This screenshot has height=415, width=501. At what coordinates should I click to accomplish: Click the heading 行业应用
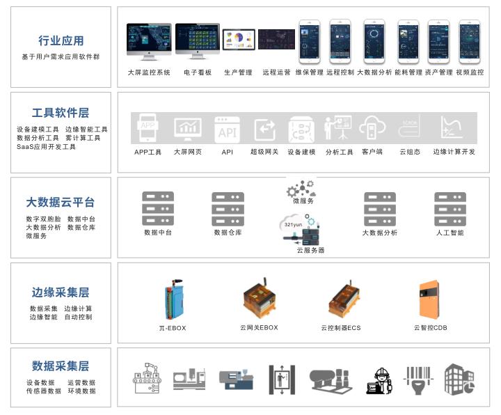click(x=61, y=40)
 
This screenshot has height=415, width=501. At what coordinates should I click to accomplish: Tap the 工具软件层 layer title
click(x=61, y=113)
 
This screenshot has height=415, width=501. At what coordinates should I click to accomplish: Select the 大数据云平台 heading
click(x=61, y=203)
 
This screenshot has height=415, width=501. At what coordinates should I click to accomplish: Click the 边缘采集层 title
click(x=61, y=292)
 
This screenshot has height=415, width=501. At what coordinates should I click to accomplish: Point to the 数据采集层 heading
click(x=61, y=366)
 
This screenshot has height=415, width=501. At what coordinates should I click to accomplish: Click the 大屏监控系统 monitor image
click(x=149, y=41)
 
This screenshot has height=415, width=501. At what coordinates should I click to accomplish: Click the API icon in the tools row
click(x=227, y=130)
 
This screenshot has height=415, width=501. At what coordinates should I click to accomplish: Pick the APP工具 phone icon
click(x=148, y=128)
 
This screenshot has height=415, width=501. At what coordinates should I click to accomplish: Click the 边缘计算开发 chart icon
click(x=452, y=128)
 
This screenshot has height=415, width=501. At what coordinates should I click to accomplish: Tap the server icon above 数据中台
click(x=158, y=209)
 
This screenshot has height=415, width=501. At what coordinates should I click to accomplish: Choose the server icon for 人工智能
click(x=450, y=209)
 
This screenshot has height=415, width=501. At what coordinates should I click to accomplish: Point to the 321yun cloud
click(x=293, y=224)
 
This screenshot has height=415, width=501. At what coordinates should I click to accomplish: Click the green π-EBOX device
click(x=172, y=299)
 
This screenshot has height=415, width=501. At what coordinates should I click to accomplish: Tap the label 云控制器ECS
click(x=341, y=328)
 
